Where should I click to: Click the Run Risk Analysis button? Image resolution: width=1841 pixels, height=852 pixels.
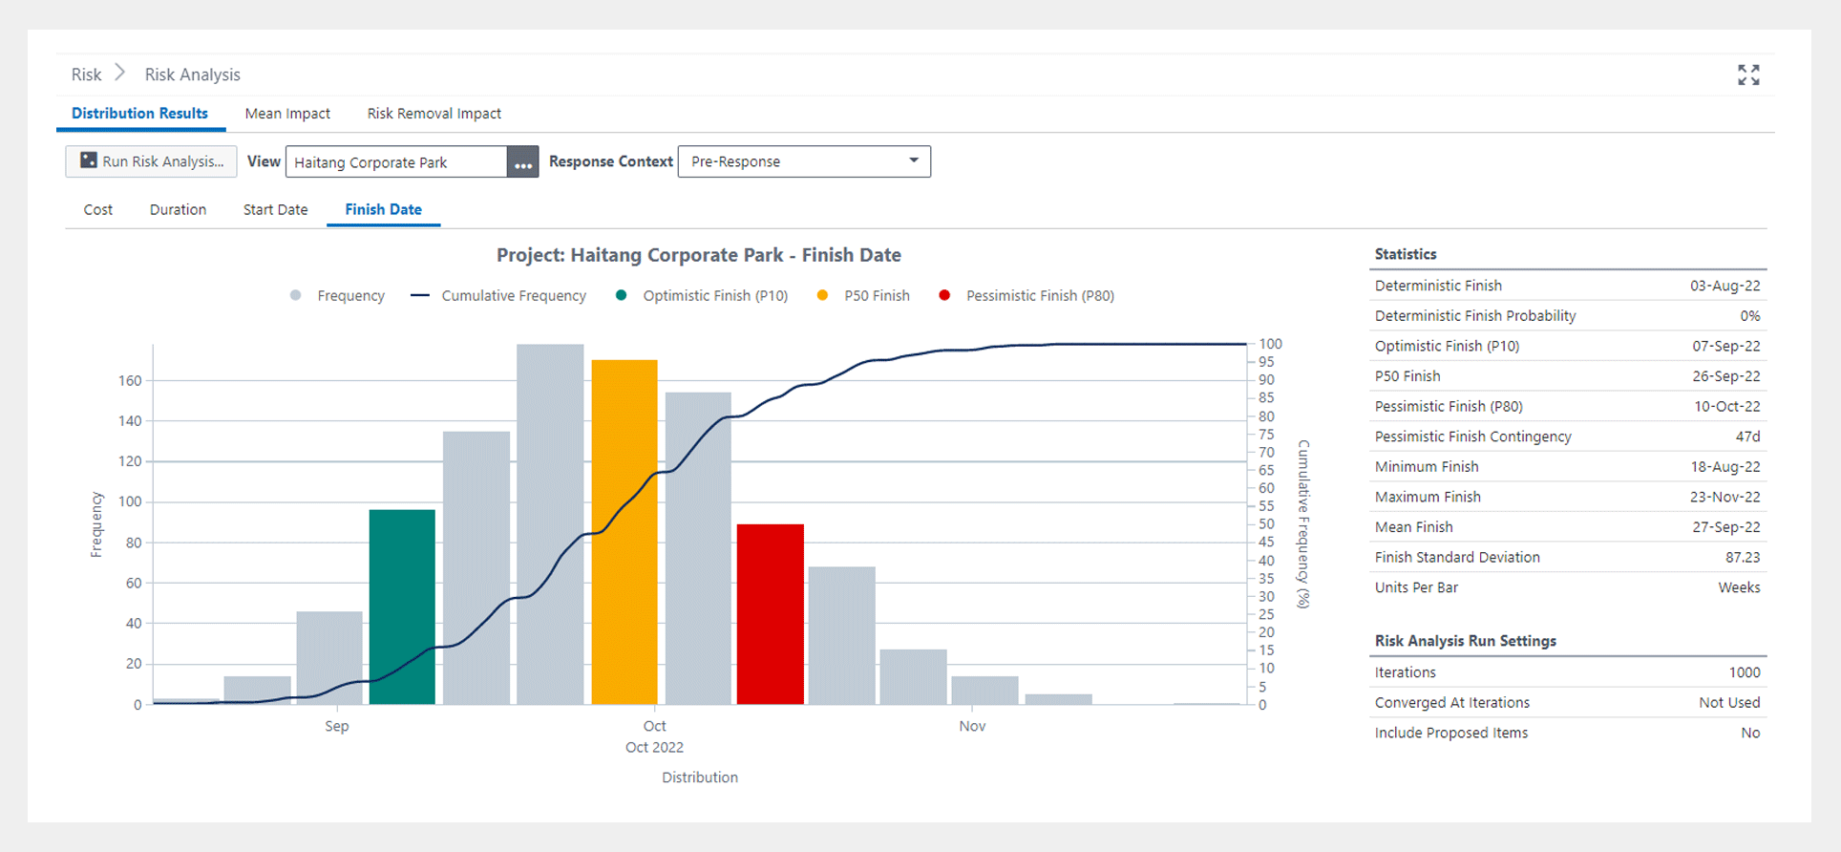tap(151, 161)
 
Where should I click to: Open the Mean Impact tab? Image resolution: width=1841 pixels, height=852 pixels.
tap(287, 114)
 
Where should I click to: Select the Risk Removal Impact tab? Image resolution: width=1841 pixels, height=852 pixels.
tap(434, 114)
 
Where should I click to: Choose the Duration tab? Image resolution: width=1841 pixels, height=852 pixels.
tap(178, 210)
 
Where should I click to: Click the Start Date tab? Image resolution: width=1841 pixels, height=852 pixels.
tap(275, 210)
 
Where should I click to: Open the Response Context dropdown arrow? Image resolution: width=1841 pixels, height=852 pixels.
tap(914, 160)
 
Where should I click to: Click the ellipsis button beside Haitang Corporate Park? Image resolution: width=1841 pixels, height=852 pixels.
tap(522, 162)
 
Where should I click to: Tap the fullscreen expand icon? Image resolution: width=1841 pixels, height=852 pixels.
tap(1748, 75)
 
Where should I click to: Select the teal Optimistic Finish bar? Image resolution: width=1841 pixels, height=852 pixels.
tap(402, 607)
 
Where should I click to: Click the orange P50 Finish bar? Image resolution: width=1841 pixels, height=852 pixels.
tap(624, 531)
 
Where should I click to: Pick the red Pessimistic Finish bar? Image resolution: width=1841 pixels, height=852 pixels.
tap(770, 613)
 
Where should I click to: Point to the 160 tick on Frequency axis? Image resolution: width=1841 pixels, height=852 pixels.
tap(130, 381)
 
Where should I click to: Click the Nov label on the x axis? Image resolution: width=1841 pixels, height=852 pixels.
tap(972, 727)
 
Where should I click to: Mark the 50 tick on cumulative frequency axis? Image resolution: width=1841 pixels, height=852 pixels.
tap(1266, 524)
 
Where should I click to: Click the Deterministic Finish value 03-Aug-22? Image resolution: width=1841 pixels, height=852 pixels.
tap(1725, 286)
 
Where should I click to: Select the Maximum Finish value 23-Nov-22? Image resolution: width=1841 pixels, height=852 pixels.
tap(1725, 497)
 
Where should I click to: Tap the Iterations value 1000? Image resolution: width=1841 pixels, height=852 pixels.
tap(1744, 672)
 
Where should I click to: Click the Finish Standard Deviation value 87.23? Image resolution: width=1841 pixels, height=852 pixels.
tap(1742, 557)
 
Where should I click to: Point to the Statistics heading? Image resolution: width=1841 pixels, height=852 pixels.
tap(1405, 254)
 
